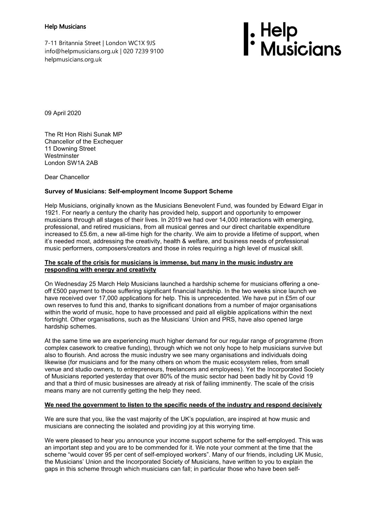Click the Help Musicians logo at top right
[292, 39]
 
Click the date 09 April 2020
[63, 113]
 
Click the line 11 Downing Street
[70, 149]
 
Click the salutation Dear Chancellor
[67, 177]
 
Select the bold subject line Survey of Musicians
[138, 191]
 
